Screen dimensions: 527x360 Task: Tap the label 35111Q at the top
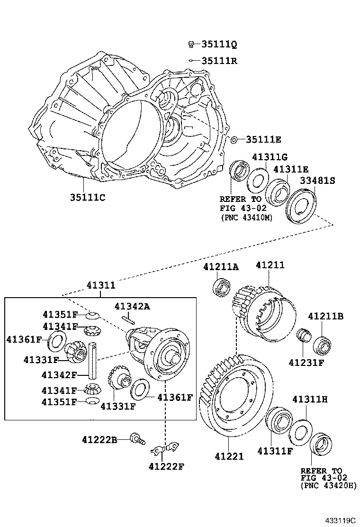click(x=219, y=45)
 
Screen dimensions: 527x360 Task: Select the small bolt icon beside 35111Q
click(x=191, y=45)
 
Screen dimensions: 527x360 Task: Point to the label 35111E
click(x=263, y=139)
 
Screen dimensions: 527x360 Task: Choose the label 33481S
click(x=317, y=181)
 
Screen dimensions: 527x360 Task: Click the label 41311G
click(x=270, y=157)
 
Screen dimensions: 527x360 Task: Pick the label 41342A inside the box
click(x=133, y=306)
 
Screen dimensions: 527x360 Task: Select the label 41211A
click(x=221, y=267)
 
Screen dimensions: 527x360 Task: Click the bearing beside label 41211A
click(x=221, y=288)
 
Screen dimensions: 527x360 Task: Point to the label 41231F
click(x=306, y=363)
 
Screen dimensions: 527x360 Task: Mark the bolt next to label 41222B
click(x=138, y=439)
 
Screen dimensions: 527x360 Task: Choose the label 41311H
click(x=310, y=400)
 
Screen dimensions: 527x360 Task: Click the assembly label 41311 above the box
click(x=100, y=285)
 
